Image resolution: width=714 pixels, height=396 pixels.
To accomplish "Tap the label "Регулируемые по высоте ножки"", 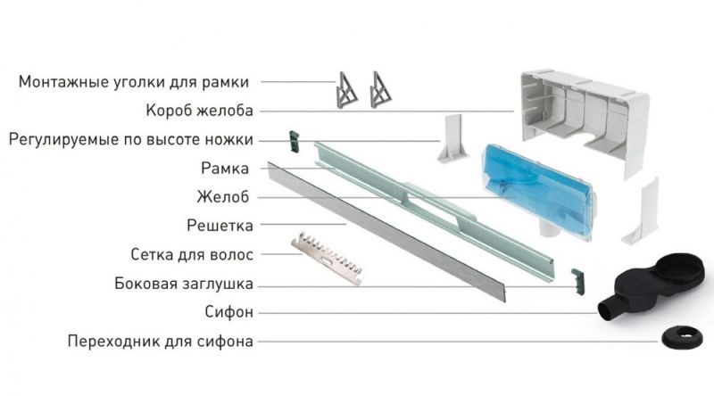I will [130, 139].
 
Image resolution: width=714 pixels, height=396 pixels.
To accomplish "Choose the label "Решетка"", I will [220, 225].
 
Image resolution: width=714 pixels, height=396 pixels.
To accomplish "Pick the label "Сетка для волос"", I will [192, 254].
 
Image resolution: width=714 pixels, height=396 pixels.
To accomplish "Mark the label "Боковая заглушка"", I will [184, 284].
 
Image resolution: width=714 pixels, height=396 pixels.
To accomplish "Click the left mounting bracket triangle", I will [346, 90].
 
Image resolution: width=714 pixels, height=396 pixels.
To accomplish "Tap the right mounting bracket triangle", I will [381, 90].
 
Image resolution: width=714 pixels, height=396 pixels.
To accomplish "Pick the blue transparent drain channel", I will [535, 187].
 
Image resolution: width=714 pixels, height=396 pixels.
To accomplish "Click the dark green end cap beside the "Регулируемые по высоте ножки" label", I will [291, 138].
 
